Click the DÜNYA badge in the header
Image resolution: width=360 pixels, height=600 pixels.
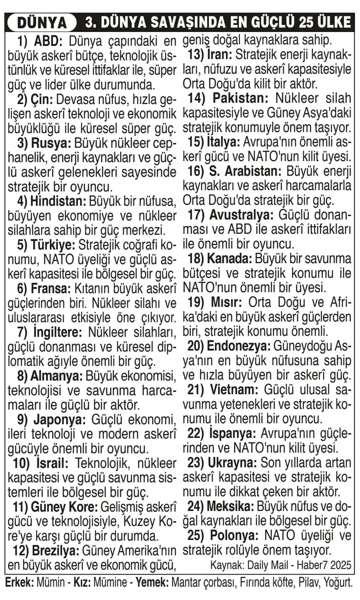(42, 23)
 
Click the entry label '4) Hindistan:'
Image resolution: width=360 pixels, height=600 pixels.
(52, 202)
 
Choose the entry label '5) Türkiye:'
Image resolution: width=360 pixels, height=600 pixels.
(45, 246)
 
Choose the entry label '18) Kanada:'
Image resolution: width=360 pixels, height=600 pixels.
(220, 259)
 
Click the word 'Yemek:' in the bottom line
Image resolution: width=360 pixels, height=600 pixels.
(152, 583)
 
